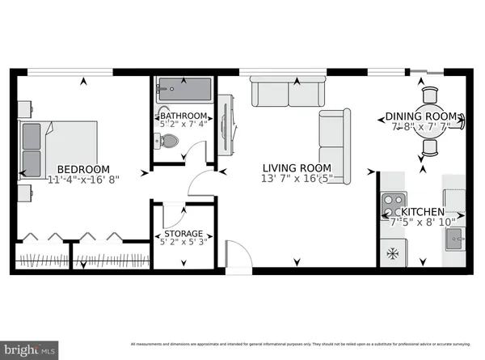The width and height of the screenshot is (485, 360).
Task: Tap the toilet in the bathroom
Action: coord(167,141)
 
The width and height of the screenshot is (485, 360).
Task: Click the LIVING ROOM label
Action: coord(297,167)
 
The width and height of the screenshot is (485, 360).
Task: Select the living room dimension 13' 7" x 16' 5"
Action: coord(297,179)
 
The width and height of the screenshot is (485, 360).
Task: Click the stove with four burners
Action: coord(393,202)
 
